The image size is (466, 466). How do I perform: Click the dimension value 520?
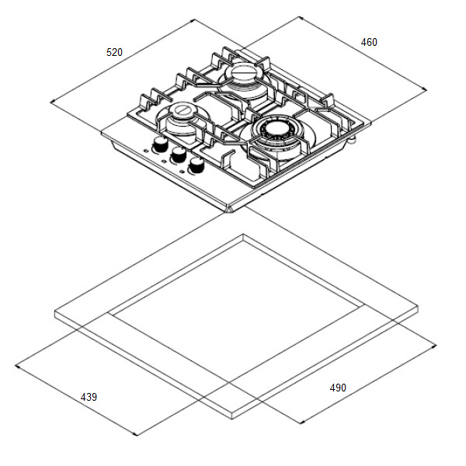pos(114,52)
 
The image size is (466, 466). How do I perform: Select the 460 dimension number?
pos(369,42)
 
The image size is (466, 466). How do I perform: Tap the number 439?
pos(89,397)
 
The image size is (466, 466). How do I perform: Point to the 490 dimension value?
pos(338,388)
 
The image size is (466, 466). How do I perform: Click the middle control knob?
pos(179,155)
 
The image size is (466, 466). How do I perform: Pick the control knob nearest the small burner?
pos(160,144)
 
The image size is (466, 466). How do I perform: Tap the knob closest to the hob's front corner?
pos(196,165)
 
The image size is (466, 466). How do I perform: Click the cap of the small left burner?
pos(183,110)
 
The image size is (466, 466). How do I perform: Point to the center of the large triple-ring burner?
pos(276,129)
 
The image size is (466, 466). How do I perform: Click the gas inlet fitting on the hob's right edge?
pos(353,139)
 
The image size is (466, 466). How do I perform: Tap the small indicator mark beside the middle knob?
pos(164,161)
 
